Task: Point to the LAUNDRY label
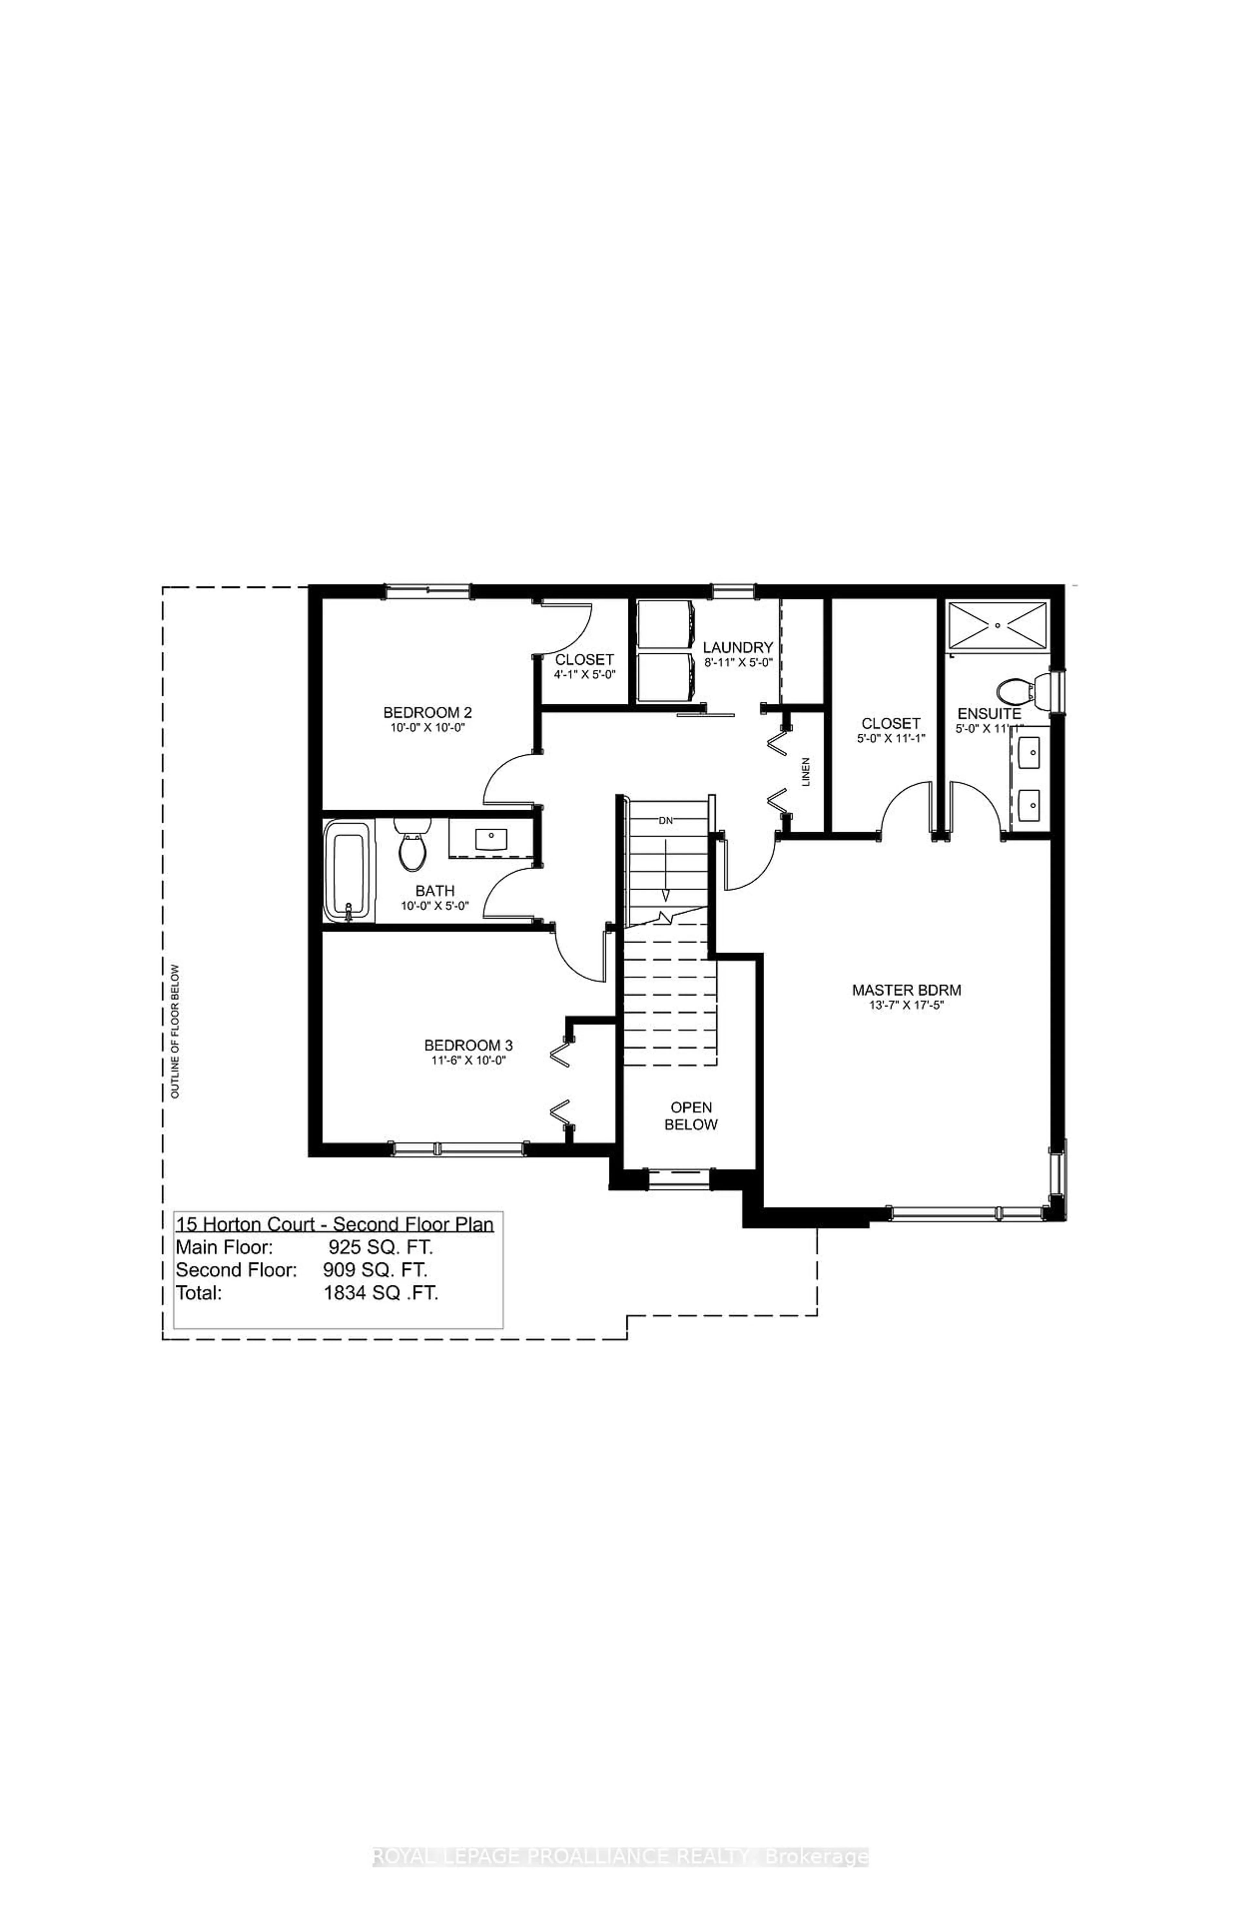pos(738,647)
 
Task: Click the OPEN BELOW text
pos(691,1116)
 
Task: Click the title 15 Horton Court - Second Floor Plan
pos(334,1225)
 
